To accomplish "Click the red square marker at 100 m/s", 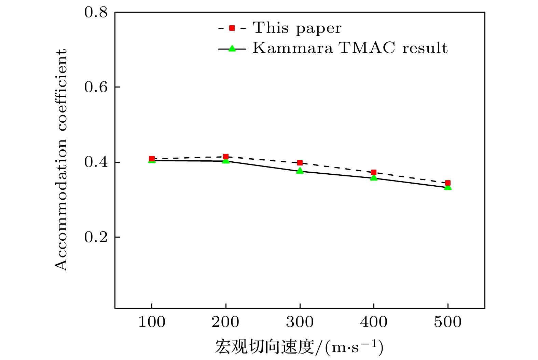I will click(x=152, y=159).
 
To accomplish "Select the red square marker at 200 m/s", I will click(x=226, y=157).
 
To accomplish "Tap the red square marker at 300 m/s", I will click(x=300, y=163).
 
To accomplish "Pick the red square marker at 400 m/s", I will click(x=374, y=172).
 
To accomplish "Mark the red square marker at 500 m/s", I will click(x=448, y=183).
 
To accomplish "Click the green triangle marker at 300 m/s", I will click(x=300, y=171).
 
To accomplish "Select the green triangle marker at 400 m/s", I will click(x=374, y=178).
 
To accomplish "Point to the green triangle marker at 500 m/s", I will click(x=448, y=187).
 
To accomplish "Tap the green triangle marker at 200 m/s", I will click(x=226, y=160).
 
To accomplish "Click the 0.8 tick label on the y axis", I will click(x=96, y=13).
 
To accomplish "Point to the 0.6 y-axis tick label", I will click(x=96, y=87).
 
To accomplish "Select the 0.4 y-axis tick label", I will click(x=96, y=162).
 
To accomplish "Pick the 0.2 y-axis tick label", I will click(x=96, y=237).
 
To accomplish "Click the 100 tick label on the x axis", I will click(x=152, y=322).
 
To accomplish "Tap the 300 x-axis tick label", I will click(x=300, y=322).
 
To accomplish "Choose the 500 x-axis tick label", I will click(x=448, y=322).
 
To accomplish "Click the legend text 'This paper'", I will click(x=297, y=28).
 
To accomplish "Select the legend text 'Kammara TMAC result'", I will click(x=350, y=48).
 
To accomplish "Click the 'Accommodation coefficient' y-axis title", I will click(x=61, y=160).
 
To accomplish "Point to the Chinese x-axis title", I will click(x=299, y=347).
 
